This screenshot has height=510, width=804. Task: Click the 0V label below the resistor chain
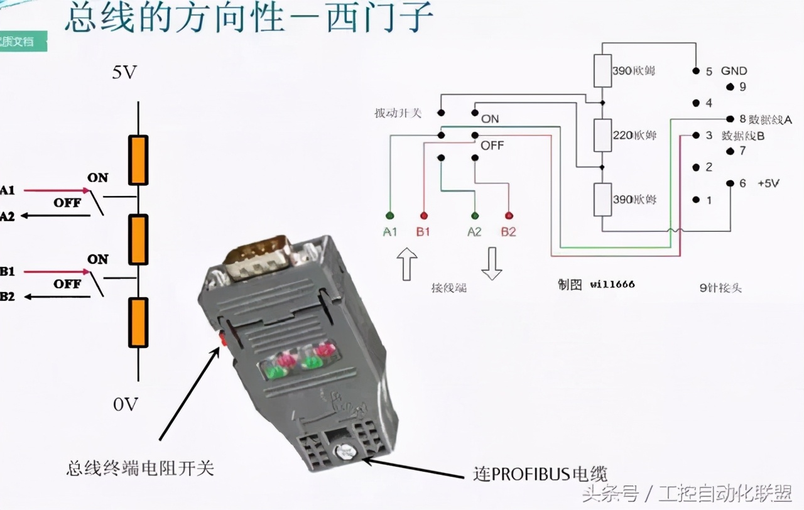[x=126, y=404]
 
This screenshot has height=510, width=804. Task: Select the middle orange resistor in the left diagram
[x=138, y=239]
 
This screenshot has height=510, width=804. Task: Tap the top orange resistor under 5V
[x=138, y=160]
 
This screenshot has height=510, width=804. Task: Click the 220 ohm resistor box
[x=602, y=135]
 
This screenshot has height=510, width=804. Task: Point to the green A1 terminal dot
[x=389, y=215]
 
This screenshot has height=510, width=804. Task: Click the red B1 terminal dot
[x=423, y=215]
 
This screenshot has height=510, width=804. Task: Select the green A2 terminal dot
[x=474, y=215]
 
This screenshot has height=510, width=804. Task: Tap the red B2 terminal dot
[x=508, y=215]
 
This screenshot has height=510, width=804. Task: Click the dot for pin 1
[x=695, y=200]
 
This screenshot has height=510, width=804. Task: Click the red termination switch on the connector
[x=222, y=339]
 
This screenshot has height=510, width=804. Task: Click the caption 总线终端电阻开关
[x=140, y=468]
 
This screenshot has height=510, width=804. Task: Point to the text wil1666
[x=612, y=285]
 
